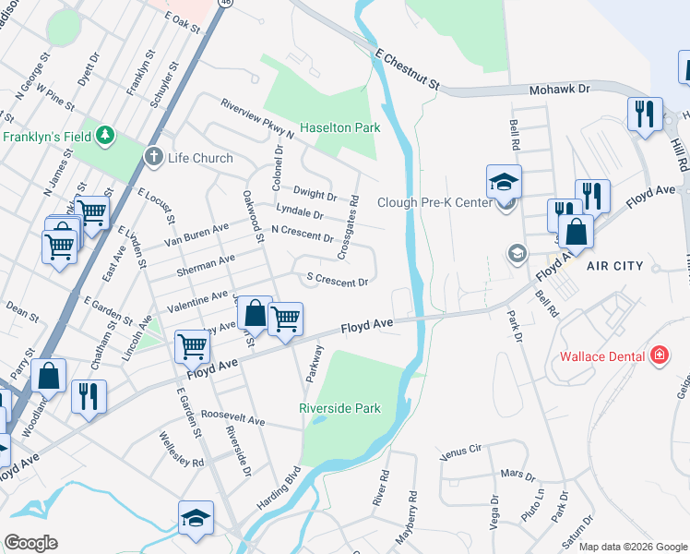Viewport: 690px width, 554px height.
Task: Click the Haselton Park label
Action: (x=339, y=127)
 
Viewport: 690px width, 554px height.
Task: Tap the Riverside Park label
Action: (x=339, y=407)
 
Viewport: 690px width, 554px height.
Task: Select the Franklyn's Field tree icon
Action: (x=108, y=136)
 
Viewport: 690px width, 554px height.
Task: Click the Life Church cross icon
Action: (x=154, y=157)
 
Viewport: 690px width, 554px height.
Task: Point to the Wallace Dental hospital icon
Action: (x=659, y=355)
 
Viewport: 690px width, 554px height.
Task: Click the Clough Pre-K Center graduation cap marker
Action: (x=505, y=183)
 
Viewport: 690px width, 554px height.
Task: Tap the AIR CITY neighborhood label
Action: (x=614, y=266)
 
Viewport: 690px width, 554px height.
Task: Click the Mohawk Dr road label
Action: (x=558, y=90)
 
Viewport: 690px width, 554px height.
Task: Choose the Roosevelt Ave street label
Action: (x=232, y=419)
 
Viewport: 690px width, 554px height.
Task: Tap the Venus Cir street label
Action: (x=461, y=452)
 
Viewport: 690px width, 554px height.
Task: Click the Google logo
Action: (x=30, y=543)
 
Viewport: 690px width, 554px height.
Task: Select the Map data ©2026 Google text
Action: (x=633, y=547)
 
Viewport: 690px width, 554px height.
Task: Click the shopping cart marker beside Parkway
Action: (x=286, y=319)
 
